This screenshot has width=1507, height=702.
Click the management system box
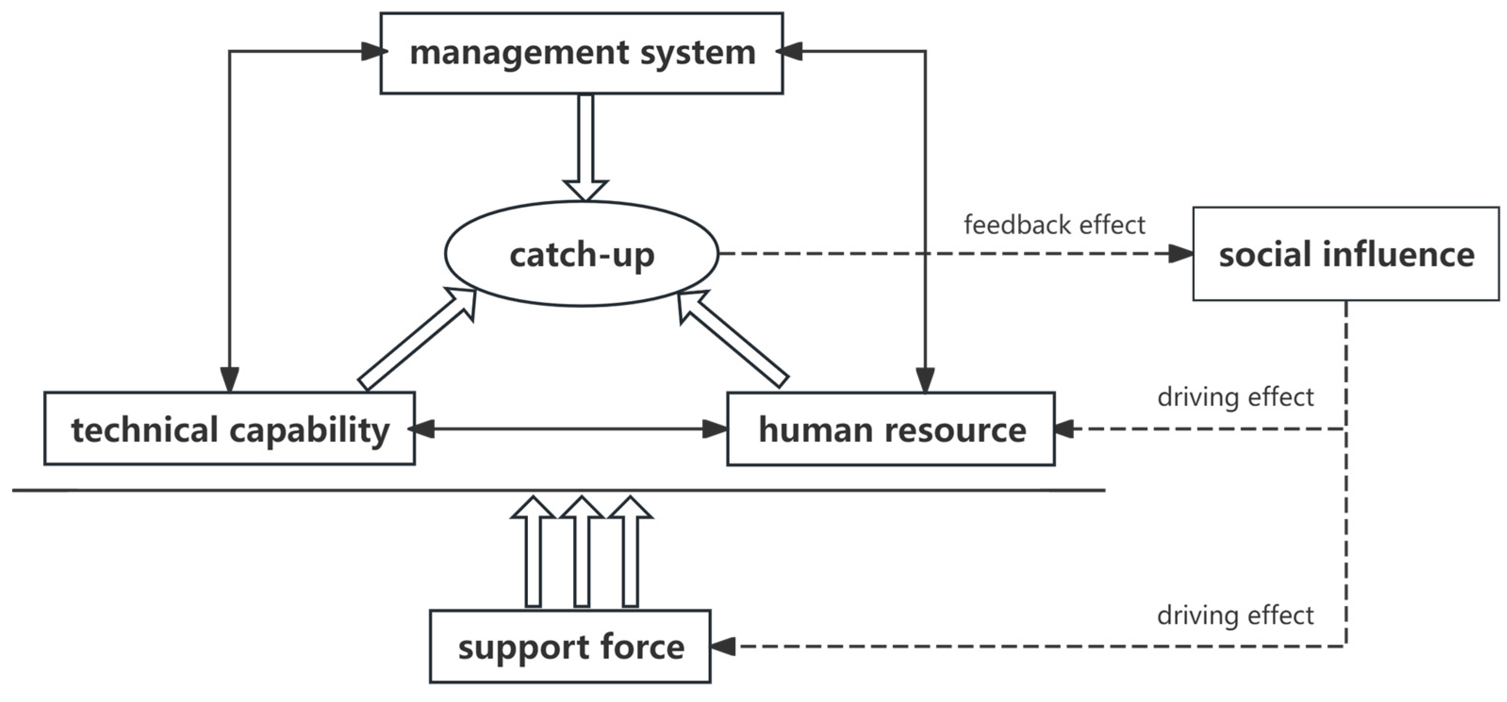tap(582, 53)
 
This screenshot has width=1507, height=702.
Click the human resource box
tap(890, 429)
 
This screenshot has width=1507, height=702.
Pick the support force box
tap(570, 646)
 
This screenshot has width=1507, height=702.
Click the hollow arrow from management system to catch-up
tap(585, 146)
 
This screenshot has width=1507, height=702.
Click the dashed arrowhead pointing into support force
tap(723, 646)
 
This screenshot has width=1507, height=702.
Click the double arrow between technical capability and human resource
tap(570, 429)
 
